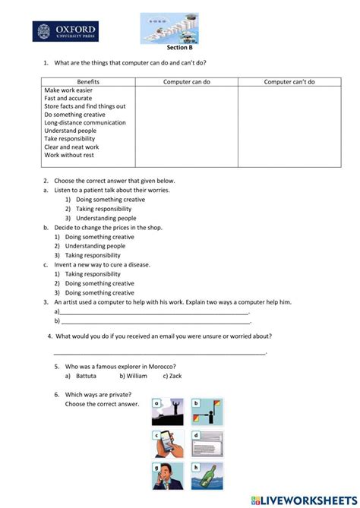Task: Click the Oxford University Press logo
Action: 65,31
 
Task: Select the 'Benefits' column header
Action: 88,81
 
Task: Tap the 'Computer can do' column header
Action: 187,81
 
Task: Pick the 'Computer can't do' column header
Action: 289,81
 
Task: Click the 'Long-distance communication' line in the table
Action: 85,122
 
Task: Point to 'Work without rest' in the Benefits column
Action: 69,155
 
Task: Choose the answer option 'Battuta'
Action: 86,375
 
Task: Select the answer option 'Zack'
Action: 175,375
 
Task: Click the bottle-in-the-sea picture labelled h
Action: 207,475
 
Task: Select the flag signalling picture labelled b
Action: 207,412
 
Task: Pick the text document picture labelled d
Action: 207,444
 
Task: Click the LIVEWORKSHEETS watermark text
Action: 304,499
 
